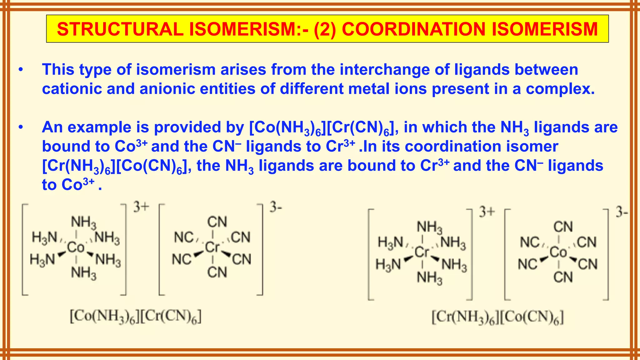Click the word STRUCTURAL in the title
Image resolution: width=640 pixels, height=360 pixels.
pos(120,29)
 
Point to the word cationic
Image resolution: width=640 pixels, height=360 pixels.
pos(72,89)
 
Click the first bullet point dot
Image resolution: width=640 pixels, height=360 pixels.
pos(21,70)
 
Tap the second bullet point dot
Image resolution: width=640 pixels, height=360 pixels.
pos(21,127)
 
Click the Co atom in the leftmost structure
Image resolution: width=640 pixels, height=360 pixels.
pos(76,247)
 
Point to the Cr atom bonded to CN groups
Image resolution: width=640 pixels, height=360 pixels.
pos(212,247)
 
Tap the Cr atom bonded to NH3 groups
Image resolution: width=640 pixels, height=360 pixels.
pos(422,252)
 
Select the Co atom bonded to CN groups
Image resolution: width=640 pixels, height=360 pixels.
pos(558,252)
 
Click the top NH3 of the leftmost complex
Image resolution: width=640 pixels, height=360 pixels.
pos(83,222)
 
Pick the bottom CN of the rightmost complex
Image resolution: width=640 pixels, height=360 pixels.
pos(563,277)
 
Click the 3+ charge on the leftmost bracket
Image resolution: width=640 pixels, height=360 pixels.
pos(141,207)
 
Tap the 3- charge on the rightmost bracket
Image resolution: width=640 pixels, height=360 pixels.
pos(622,212)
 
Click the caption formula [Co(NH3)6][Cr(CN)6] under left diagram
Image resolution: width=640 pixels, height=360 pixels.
pos(136,317)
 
